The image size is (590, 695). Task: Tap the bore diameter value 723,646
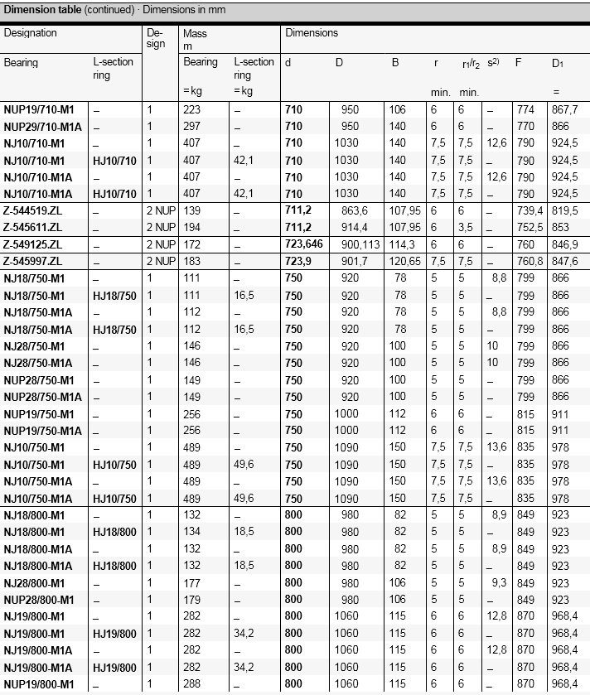[306, 245]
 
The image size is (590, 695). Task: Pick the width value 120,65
[406, 262]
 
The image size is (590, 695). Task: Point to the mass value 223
[191, 109]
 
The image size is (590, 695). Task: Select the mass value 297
[191, 127]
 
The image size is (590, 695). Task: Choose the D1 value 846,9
[564, 245]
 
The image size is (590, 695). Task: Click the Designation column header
[31, 33]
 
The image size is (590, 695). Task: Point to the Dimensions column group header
[312, 33]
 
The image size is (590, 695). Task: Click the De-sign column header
[156, 39]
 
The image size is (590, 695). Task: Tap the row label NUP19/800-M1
[39, 684]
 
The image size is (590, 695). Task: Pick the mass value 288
[191, 684]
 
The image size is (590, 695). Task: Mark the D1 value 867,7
[564, 109]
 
